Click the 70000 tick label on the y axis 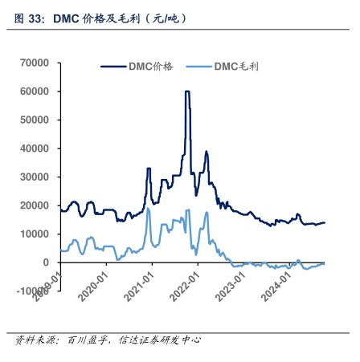tap(35, 63)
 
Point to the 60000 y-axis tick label tap(35, 92)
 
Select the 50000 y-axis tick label tap(35, 120)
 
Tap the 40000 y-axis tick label tap(35, 148)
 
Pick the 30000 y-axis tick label tap(35, 177)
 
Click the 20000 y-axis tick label tap(35, 205)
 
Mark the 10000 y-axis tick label tap(35, 234)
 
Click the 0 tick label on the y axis tap(46, 262)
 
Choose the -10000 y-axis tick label tap(32, 291)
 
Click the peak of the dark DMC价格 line tap(187, 92)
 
